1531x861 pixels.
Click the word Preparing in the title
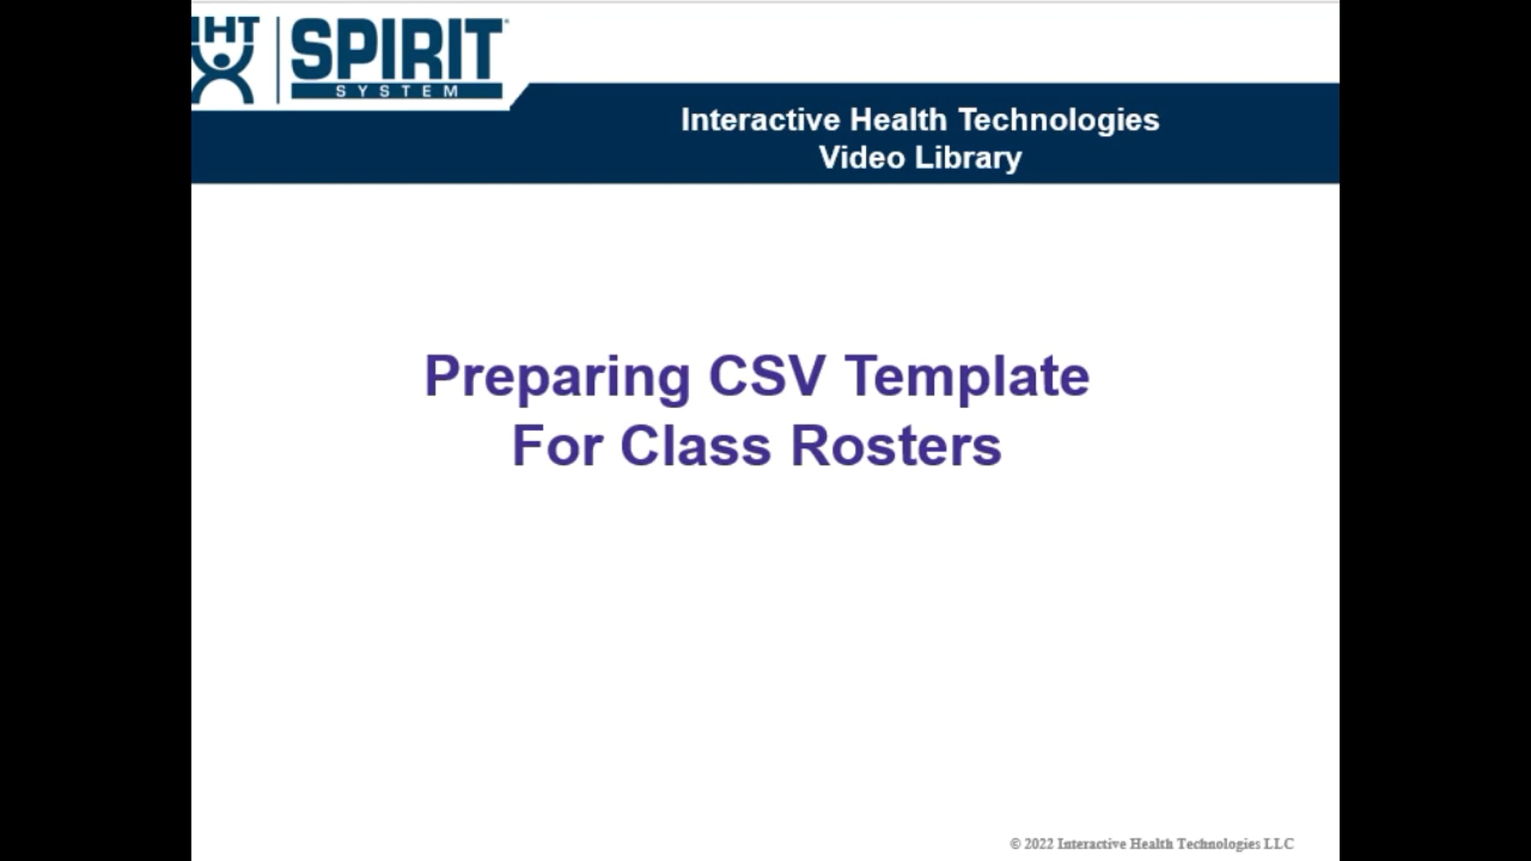click(x=557, y=377)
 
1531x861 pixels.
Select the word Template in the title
click(x=967, y=377)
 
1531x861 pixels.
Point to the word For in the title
click(x=557, y=446)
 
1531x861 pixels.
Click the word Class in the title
click(x=695, y=446)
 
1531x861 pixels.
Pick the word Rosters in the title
click(x=896, y=446)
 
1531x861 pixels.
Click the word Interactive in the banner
click(x=760, y=120)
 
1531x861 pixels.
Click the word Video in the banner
click(x=861, y=158)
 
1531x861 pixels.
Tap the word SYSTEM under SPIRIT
click(x=397, y=91)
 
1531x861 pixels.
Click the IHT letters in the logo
click(x=226, y=30)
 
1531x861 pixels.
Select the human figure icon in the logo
click(x=222, y=77)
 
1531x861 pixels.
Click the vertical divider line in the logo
click(x=278, y=60)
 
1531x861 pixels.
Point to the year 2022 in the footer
click(x=1039, y=844)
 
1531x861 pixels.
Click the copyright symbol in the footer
click(x=1015, y=844)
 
